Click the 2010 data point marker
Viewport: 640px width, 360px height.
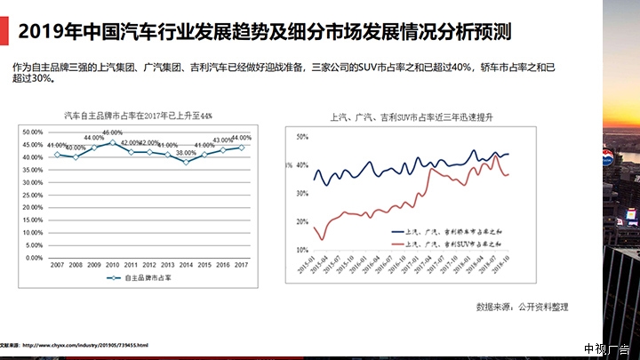click(113, 142)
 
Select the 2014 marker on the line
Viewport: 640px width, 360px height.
click(187, 162)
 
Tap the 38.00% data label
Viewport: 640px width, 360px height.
click(187, 153)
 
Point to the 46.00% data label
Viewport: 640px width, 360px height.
click(113, 132)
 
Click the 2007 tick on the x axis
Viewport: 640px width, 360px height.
click(57, 266)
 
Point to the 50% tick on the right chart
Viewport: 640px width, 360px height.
click(301, 137)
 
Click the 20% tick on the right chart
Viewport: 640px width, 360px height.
click(301, 225)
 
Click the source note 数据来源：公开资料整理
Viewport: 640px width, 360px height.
click(522, 307)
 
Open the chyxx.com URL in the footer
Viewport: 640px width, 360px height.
click(85, 345)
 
